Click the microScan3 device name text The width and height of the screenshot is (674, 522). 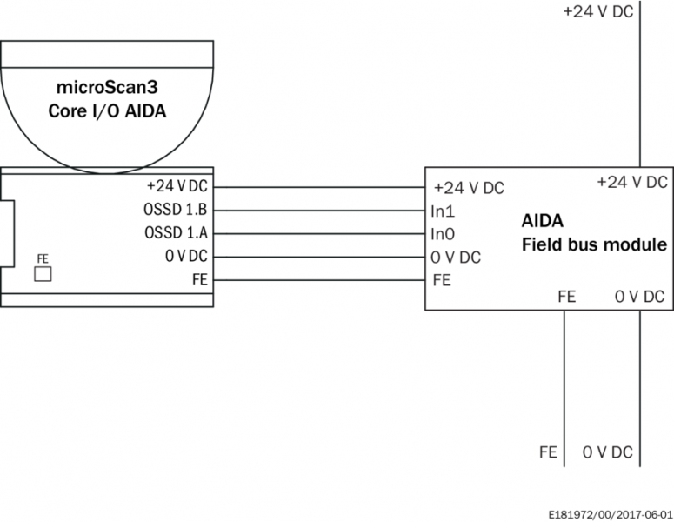(x=106, y=89)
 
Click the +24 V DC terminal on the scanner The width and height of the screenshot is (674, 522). (x=178, y=186)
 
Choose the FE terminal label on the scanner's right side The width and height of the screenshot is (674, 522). (x=199, y=280)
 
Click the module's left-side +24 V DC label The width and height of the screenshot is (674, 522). (x=468, y=188)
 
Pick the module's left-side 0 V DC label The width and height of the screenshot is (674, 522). (x=456, y=258)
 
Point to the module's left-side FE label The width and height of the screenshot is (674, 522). (x=442, y=281)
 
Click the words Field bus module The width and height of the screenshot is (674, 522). (x=594, y=244)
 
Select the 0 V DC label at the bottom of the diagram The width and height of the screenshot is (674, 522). (x=608, y=453)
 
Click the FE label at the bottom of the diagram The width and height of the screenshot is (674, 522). (x=548, y=453)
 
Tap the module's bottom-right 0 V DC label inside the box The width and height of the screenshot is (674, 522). (x=639, y=297)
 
